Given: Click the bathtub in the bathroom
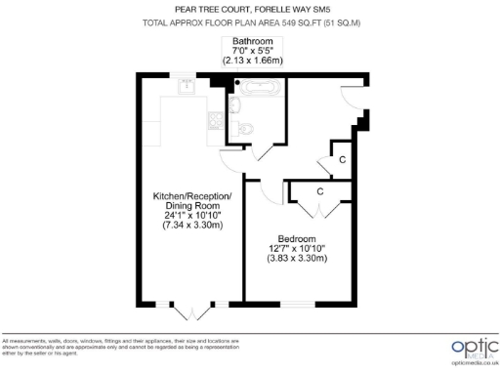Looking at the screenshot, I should [x=261, y=87].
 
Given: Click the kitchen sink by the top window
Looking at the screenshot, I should [x=186, y=87].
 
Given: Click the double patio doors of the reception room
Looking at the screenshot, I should [x=192, y=311].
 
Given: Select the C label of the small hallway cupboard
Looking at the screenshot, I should [x=342, y=158].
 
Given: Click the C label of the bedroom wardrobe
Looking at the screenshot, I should [x=320, y=191].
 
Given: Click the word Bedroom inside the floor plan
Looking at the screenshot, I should [x=297, y=238].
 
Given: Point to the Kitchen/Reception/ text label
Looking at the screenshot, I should [x=192, y=196].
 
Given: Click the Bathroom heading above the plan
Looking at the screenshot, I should [x=251, y=40].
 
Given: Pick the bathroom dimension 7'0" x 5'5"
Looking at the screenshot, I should [x=251, y=50].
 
